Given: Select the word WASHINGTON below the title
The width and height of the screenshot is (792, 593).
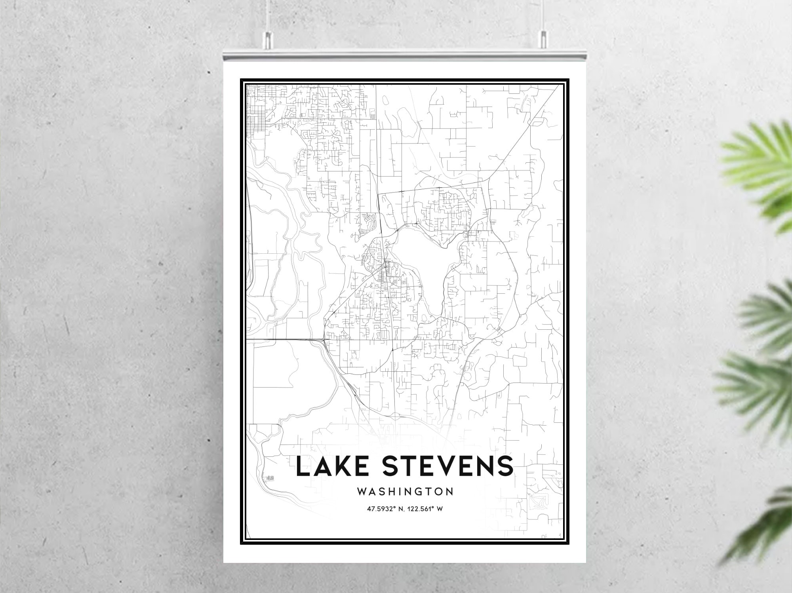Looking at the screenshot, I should tap(405, 492).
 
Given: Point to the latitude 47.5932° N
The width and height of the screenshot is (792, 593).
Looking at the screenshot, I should tap(386, 509).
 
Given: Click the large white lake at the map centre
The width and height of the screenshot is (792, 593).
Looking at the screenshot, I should tap(424, 261).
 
